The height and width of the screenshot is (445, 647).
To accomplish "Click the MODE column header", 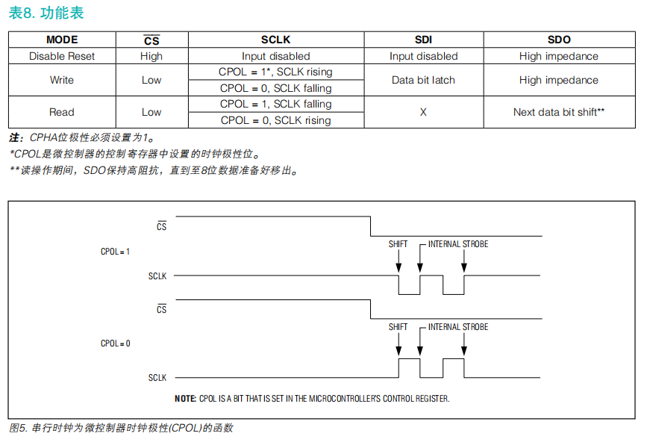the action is tap(62, 40).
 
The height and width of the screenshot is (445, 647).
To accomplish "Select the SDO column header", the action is tap(559, 40).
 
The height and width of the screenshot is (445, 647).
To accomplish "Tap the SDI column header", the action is tap(423, 40).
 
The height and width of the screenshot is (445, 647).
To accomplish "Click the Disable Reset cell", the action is tap(62, 56).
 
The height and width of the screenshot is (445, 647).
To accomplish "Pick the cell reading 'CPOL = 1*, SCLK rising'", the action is tap(275, 72).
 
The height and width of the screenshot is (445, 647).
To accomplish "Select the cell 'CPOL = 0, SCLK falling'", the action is tap(275, 88).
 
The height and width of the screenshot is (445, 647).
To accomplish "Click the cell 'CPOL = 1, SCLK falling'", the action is tap(275, 104).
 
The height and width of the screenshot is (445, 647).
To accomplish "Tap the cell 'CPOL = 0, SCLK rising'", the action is tap(275, 120).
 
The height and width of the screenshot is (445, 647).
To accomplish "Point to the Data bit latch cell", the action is tap(423, 80).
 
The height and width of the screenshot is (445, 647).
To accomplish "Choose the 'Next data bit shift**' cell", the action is tap(559, 112).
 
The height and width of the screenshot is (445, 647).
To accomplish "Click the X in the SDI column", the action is tap(423, 112).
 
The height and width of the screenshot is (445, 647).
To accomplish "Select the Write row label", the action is tap(62, 80).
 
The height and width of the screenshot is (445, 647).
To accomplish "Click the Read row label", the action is tap(62, 112).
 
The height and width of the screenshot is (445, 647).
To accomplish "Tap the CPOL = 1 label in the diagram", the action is tap(115, 252).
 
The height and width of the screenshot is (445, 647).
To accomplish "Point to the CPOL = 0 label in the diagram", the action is tap(115, 343).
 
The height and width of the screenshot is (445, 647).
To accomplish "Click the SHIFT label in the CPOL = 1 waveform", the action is tap(398, 244).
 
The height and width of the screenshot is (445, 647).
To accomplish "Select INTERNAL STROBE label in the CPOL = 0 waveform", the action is tap(458, 327).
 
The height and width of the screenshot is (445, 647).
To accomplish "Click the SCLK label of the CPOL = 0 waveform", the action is tap(157, 377).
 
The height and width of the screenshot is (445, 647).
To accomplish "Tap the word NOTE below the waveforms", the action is tap(185, 399).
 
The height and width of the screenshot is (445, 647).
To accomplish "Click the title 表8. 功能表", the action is tap(46, 13).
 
